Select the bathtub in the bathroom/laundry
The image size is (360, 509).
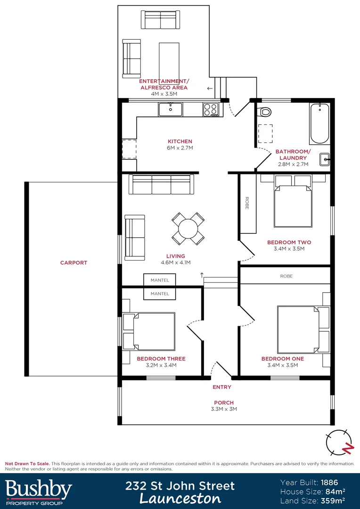(x=319, y=123)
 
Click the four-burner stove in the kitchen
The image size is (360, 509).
(x=211, y=109)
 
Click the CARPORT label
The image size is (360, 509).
(x=74, y=263)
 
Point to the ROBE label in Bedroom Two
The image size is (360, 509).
(x=247, y=203)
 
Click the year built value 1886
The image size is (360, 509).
(x=330, y=482)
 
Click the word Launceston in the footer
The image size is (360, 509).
(x=180, y=499)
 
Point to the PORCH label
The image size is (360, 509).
(x=224, y=402)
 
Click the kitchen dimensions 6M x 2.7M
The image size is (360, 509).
(x=180, y=148)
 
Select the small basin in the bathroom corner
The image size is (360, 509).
(x=324, y=159)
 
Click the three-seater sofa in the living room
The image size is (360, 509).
(x=161, y=184)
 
